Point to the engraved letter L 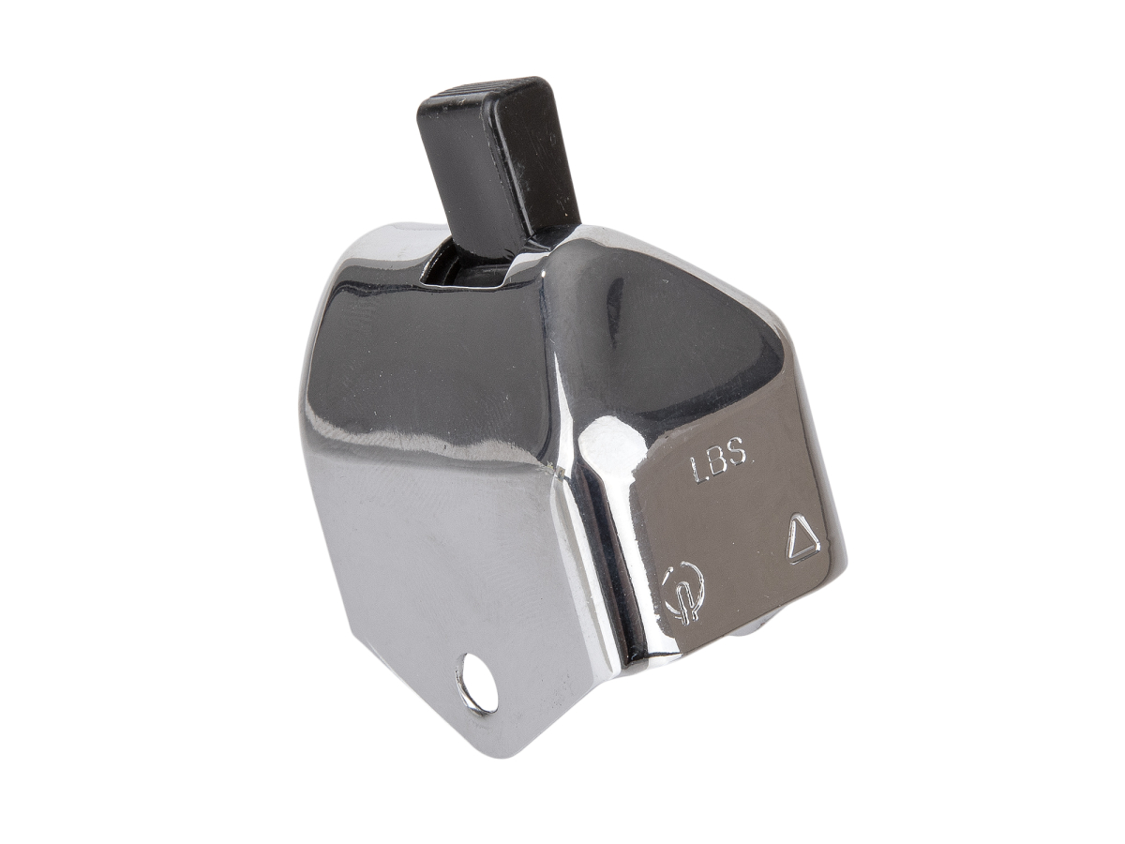click(697, 467)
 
